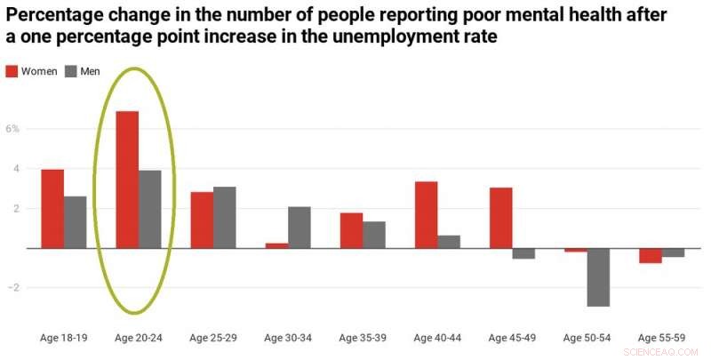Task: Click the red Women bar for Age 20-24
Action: pos(127,180)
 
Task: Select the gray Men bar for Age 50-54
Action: pos(598,277)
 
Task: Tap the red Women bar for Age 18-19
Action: pos(52,209)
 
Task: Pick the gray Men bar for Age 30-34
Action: pos(300,228)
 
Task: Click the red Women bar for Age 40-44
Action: pos(426,215)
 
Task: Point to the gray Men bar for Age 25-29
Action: pos(225,218)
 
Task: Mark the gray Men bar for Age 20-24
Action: pos(150,210)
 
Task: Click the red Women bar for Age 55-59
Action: pos(650,256)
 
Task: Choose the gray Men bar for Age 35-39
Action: pos(374,235)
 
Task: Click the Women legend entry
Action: pos(33,71)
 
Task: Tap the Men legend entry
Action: pos(83,71)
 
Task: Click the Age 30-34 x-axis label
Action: pos(288,338)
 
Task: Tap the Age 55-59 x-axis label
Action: pos(661,338)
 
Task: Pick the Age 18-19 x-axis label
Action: pos(64,338)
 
